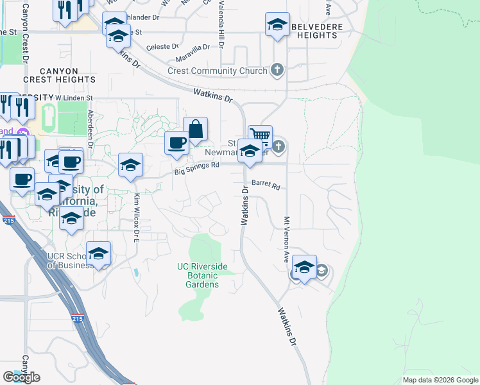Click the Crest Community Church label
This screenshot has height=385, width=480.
pos(217,71)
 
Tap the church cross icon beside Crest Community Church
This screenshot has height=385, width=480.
pos(277,70)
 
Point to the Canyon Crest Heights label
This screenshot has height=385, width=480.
pos(59,75)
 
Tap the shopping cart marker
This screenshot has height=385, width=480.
pos(260,135)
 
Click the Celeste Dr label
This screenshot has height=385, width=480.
pos(162,47)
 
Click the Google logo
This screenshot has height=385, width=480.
pos(22,377)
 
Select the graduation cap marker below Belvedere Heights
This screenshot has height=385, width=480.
pos(277,25)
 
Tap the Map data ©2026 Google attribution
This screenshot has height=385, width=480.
pos(440,380)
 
